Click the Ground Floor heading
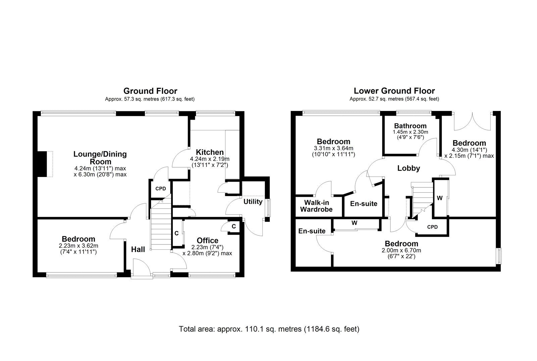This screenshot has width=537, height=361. pos(150,91)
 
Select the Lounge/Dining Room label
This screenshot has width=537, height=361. pos(100,158)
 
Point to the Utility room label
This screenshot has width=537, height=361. pos(253,201)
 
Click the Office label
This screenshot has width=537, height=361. pos(207,240)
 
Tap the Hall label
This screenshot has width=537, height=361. pos(138,249)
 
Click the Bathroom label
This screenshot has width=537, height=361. pos(410,126)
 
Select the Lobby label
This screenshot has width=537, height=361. pos(408,168)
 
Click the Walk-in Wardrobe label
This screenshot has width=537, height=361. pos(316,206)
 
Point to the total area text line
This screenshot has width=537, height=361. pos(269,329)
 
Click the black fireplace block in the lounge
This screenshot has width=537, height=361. pos(42,164)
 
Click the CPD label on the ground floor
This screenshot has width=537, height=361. pos(160,189)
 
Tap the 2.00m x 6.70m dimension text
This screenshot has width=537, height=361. pos(401,250)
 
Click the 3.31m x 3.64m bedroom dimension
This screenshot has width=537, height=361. pos(333,148)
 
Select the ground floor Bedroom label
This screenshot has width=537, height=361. pos(78,239)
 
